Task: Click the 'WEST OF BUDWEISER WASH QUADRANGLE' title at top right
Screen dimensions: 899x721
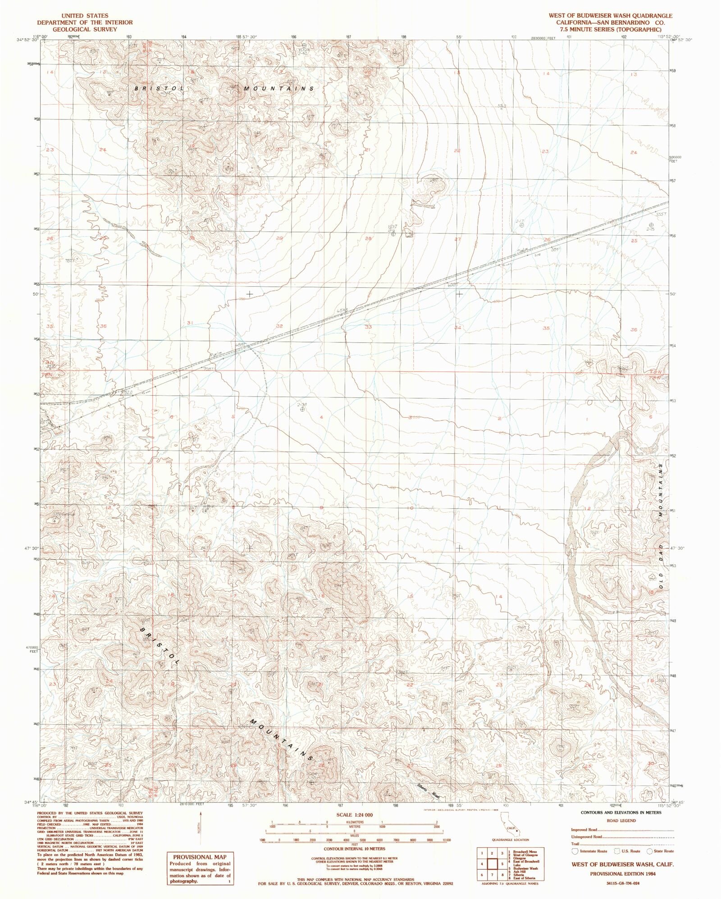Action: [x=610, y=15]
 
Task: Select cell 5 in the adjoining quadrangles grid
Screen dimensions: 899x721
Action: [x=501, y=864]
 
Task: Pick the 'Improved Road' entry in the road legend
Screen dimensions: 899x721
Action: [x=584, y=830]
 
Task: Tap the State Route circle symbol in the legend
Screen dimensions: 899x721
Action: [x=649, y=851]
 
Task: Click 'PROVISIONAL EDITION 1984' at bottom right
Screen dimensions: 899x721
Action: [x=622, y=873]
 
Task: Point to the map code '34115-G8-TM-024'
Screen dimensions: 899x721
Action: [x=622, y=883]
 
